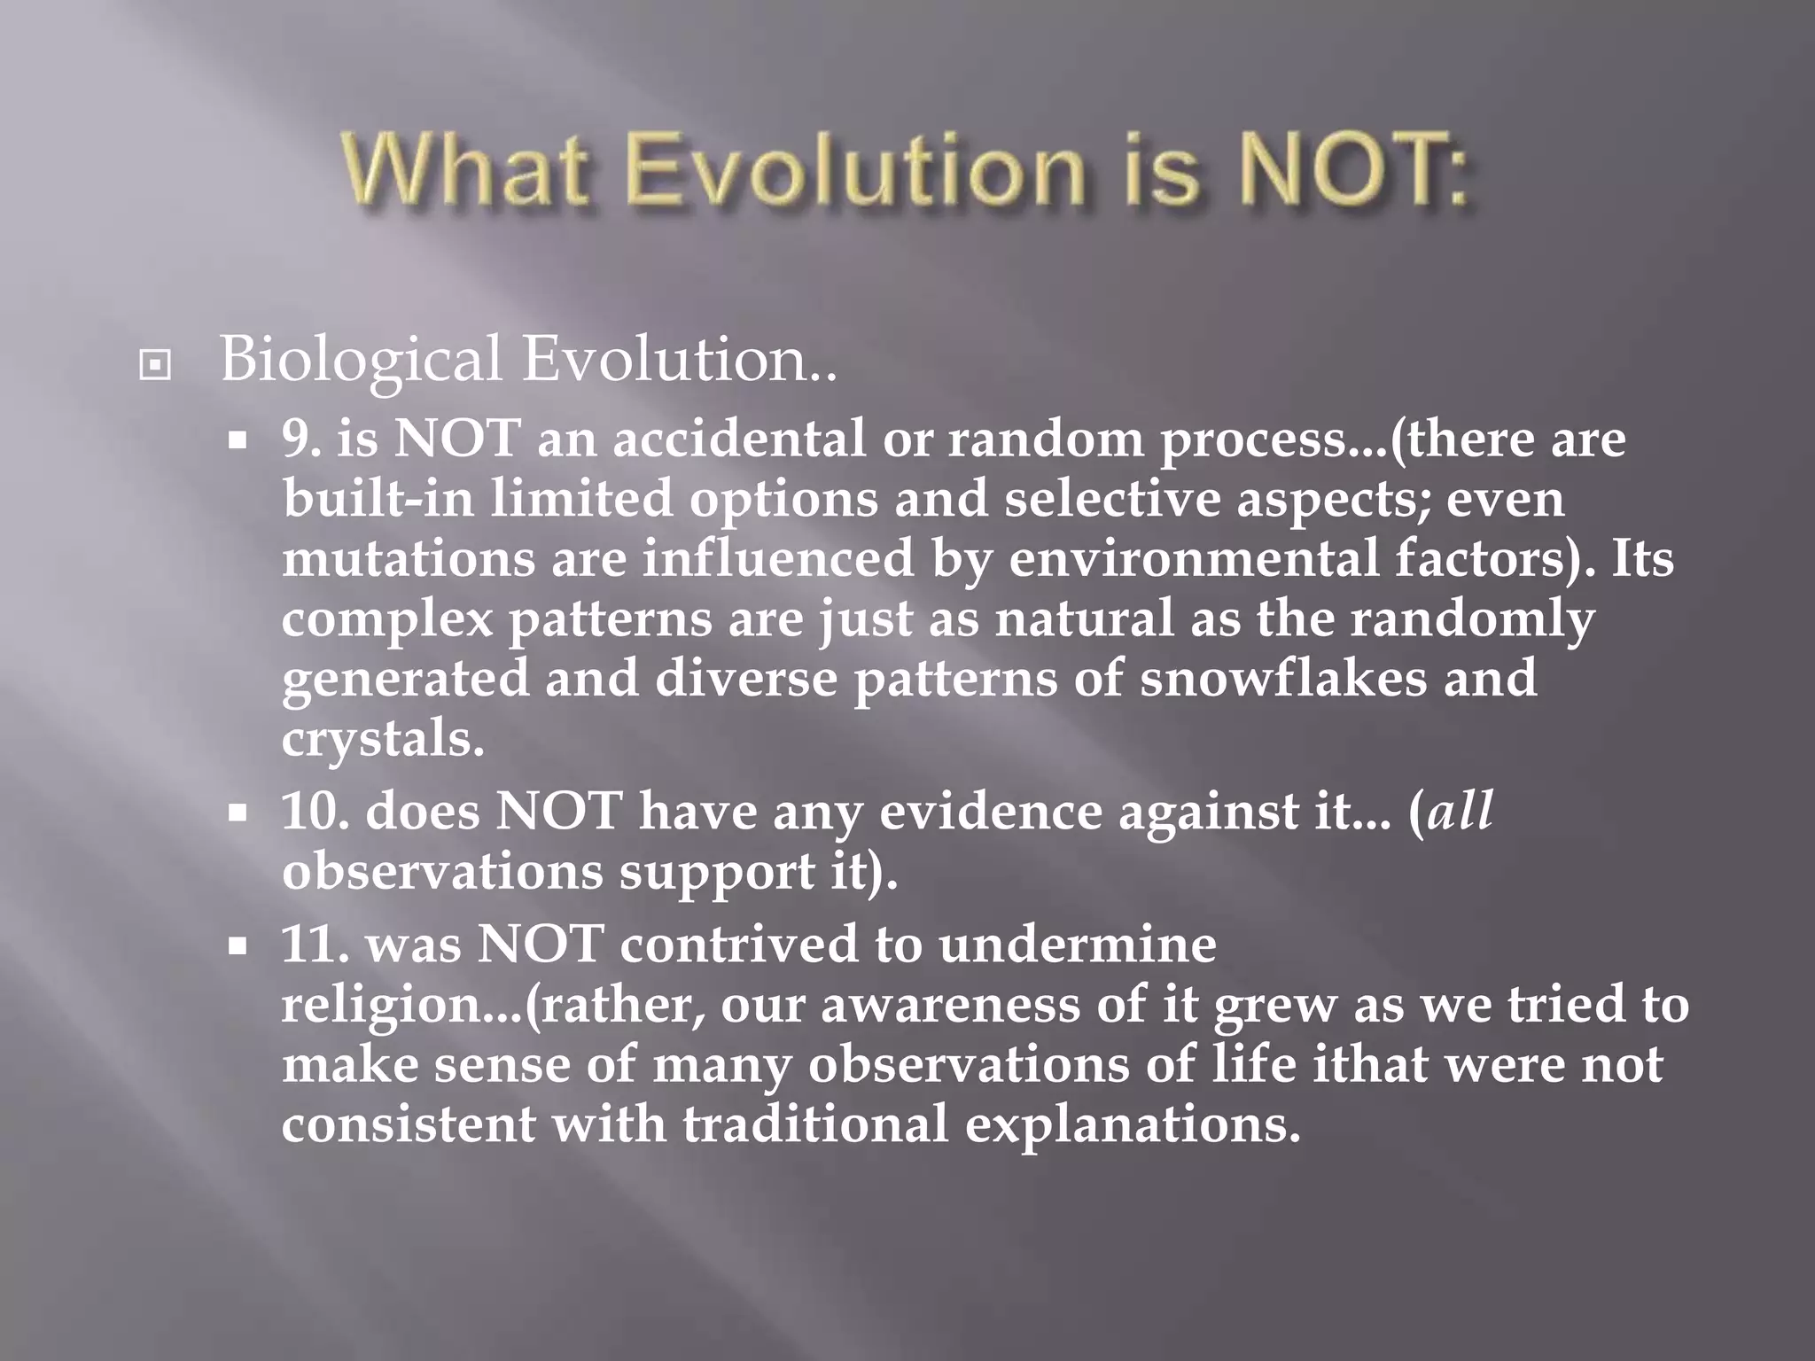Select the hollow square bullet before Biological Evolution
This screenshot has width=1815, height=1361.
[x=155, y=364]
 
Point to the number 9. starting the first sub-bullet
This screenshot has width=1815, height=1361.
[x=300, y=439]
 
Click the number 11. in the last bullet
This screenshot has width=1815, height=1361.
[x=315, y=944]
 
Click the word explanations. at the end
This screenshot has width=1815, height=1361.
[x=1132, y=1124]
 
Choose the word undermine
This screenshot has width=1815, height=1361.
[x=1078, y=944]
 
